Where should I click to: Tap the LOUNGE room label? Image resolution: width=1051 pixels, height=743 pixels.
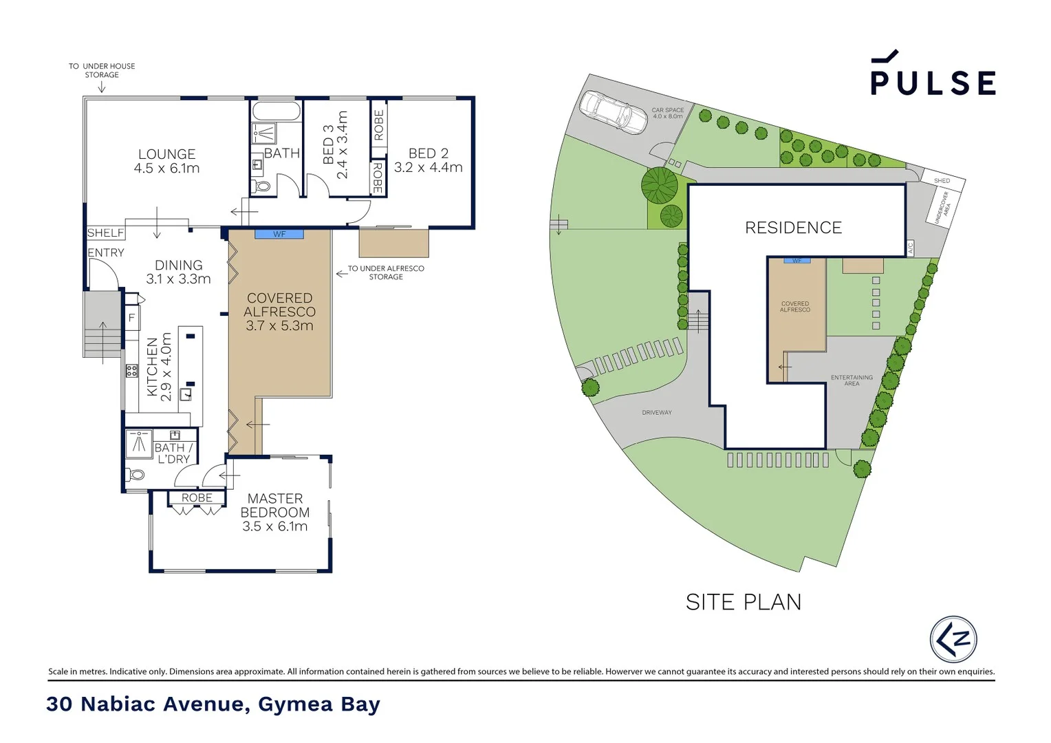166,161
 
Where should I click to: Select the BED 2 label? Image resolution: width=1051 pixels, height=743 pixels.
428,160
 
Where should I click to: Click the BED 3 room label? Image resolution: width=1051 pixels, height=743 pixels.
335,145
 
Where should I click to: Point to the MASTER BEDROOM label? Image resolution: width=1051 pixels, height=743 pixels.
274,512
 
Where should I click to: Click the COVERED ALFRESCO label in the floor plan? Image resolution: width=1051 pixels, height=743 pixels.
279,312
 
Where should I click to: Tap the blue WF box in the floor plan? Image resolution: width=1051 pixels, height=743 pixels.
279,235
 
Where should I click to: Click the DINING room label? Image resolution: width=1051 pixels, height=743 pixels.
178,272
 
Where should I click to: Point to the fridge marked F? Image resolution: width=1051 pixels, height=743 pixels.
131,318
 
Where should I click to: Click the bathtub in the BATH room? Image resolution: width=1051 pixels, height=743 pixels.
276,111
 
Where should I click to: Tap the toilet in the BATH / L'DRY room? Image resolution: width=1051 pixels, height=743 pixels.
136,474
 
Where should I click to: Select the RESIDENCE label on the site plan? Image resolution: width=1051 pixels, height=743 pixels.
793,228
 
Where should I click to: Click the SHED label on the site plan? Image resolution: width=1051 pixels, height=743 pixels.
942,181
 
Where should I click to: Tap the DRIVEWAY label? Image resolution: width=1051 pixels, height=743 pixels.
656,413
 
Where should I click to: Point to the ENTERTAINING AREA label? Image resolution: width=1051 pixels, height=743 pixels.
852,380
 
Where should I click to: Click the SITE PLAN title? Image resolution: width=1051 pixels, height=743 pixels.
744,602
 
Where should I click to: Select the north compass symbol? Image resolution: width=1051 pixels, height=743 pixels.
953,639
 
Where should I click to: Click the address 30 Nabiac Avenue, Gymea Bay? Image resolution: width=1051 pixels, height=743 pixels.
213,704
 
